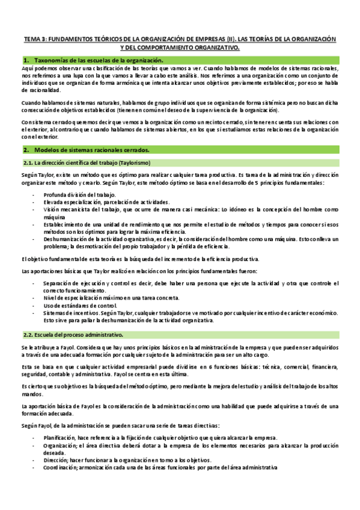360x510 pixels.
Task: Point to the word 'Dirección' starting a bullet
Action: click(x=55, y=458)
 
